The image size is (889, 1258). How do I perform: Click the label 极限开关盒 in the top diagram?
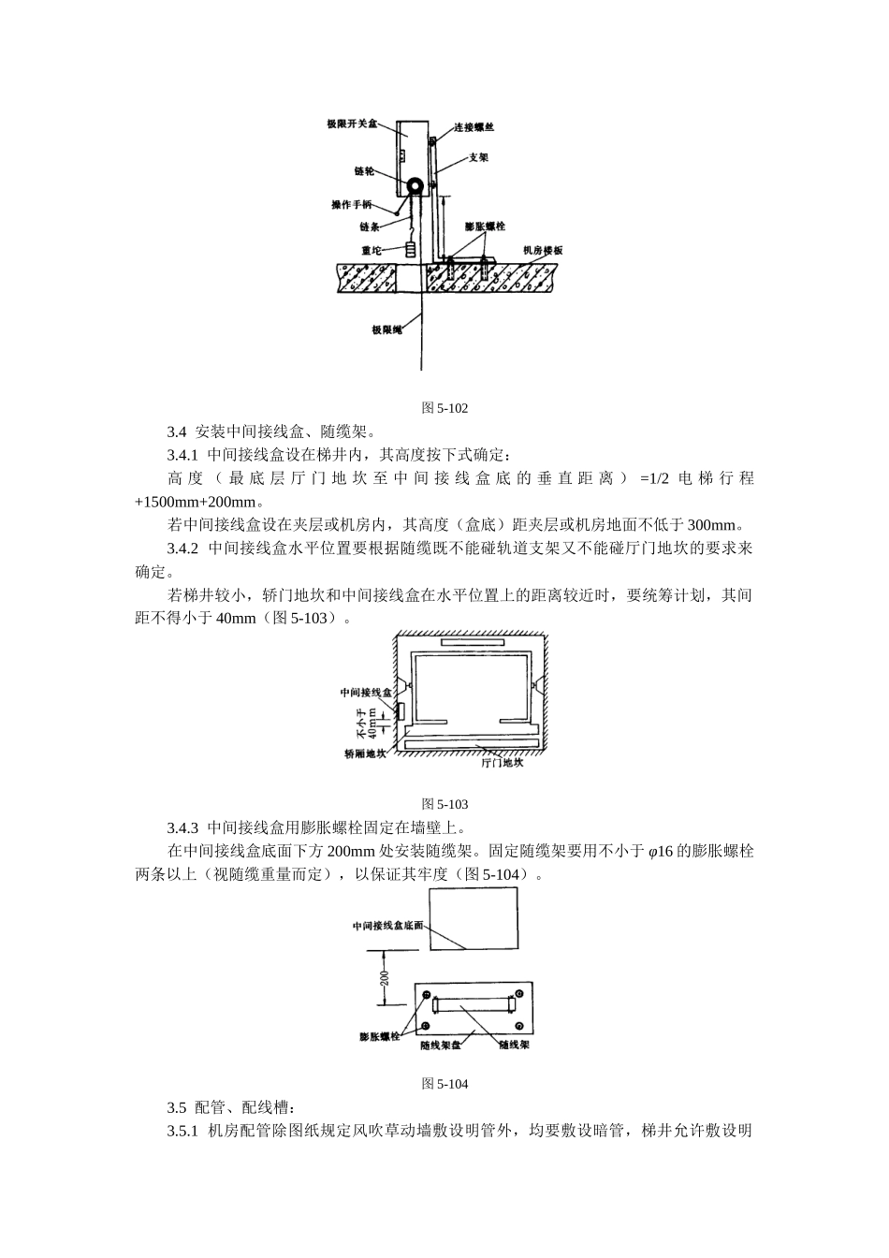[352, 124]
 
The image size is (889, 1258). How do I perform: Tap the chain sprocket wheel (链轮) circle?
[414, 186]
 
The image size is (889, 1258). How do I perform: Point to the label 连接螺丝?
[474, 126]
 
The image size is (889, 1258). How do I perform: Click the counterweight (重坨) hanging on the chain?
[411, 251]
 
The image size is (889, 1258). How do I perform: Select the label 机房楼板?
[543, 251]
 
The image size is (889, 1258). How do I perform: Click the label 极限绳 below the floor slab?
[386, 329]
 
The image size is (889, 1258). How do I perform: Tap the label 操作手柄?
[353, 205]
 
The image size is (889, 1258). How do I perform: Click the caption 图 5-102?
[444, 408]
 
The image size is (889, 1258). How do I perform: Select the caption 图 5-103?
[444, 804]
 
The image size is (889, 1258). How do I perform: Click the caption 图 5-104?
[444, 1084]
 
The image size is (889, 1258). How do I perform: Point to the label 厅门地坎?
[503, 762]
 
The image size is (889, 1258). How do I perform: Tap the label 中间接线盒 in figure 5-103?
[366, 693]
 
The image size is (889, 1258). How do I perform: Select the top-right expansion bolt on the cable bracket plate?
[519, 994]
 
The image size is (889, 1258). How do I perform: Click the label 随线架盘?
[440, 1045]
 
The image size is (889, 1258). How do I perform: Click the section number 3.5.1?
[183, 1131]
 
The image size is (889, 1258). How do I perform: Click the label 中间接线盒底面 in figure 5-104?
[387, 925]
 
